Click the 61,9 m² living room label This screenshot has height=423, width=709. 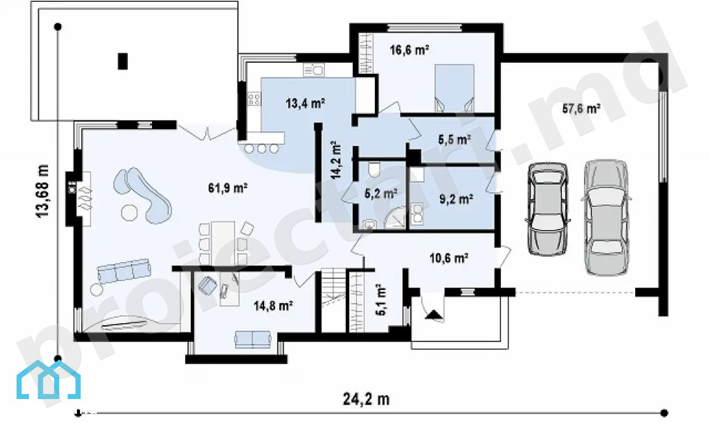228,187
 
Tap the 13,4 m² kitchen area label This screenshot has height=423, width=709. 305,103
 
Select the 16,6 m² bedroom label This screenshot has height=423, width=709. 409,50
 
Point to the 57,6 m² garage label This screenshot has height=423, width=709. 581,108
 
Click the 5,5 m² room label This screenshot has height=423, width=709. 454,140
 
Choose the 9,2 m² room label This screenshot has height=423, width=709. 456,199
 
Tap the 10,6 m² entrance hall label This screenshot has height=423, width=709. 449,259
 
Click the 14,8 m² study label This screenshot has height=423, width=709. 273,306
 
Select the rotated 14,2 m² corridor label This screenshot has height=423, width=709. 336,160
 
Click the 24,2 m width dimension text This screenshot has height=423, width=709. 366,399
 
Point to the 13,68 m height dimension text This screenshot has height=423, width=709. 42,191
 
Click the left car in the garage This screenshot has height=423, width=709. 547,209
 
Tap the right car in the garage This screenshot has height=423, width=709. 606,217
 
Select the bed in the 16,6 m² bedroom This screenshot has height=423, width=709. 454,88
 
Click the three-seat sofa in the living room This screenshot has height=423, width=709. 124,271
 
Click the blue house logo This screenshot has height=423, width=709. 49,379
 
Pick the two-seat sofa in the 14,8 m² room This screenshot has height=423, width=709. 253,339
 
